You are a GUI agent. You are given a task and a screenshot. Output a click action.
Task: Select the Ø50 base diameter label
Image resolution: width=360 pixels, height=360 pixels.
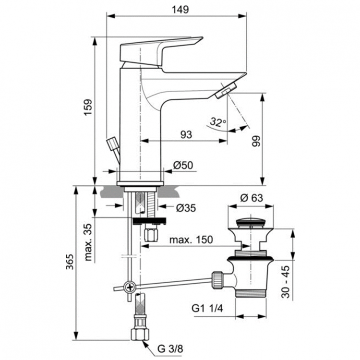click(183, 165)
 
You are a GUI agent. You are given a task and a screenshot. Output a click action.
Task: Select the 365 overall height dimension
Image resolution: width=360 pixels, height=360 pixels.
click(70, 262)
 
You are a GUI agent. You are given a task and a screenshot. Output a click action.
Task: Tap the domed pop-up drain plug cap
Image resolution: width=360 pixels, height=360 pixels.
click(251, 222)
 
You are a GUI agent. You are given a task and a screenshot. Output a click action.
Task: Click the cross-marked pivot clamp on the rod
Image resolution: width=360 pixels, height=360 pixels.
click(129, 288)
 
